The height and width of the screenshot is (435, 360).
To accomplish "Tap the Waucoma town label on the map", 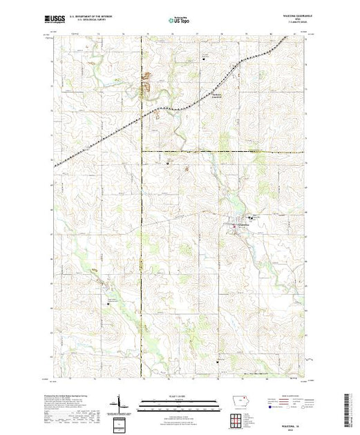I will (241, 231).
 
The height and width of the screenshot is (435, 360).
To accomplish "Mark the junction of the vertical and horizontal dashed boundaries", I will (142, 151).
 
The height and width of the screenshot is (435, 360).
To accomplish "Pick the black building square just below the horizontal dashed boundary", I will (170, 163).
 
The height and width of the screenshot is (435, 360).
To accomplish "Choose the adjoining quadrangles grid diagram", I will (238, 420).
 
